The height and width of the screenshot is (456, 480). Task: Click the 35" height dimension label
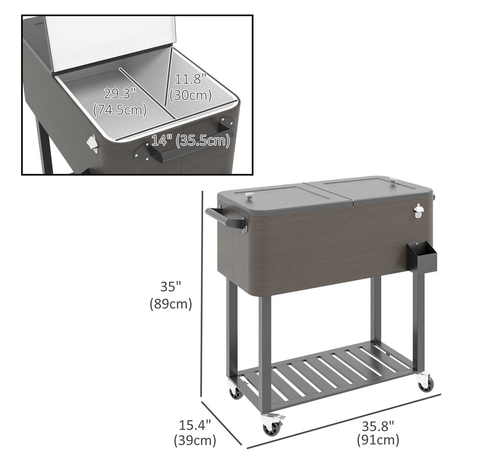[x=171, y=287]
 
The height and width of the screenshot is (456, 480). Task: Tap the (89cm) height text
[x=171, y=304]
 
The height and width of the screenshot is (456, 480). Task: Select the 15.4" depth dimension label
[x=195, y=425]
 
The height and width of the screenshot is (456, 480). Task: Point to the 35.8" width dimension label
[x=378, y=426]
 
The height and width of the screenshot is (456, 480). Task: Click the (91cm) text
[x=378, y=440]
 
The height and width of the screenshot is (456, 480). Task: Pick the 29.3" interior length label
[x=120, y=93]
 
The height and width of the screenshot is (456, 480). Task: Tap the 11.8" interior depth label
[x=190, y=79]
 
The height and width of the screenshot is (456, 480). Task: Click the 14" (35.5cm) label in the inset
[x=190, y=140]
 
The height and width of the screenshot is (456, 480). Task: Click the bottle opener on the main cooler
[x=418, y=211]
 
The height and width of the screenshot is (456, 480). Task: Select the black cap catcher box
[x=421, y=256]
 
